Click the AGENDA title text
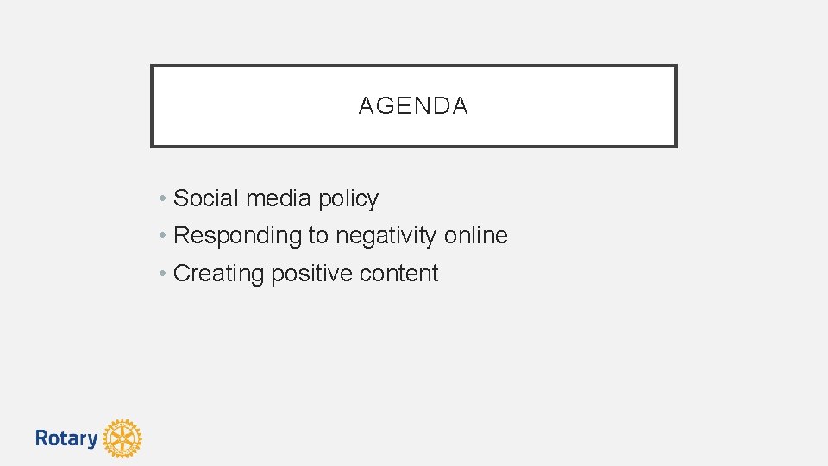tap(413, 106)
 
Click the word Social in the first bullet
tap(207, 198)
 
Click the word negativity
tap(386, 236)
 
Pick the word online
tap(476, 235)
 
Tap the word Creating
tap(219, 274)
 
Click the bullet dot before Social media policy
tap(163, 199)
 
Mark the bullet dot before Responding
tap(163, 236)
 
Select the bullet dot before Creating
tap(163, 274)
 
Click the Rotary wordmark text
tap(66, 438)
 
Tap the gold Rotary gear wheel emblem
tap(122, 438)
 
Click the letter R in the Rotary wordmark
tap(41, 438)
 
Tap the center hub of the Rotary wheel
tap(122, 438)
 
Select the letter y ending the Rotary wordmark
tap(92, 440)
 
